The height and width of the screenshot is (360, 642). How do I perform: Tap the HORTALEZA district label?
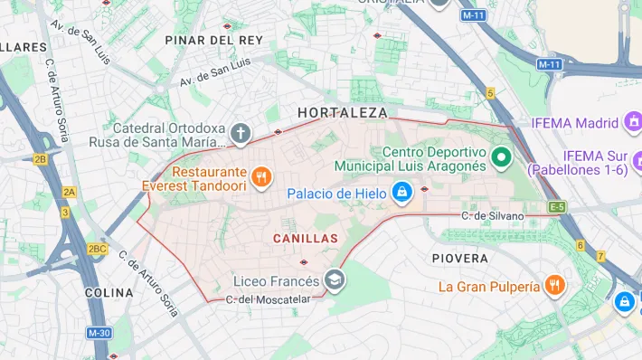343,113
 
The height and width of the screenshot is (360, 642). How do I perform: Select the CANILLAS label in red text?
305,238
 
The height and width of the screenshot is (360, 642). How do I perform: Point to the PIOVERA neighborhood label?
460,258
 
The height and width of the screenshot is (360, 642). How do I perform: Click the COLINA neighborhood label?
109,293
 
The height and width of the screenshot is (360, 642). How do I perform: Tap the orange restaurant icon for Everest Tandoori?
261,177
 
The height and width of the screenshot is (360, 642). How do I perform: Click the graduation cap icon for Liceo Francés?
335,279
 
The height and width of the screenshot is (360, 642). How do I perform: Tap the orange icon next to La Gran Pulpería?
556,287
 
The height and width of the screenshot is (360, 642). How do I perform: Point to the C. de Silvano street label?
492,215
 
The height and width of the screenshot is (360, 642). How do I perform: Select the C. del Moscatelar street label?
268,299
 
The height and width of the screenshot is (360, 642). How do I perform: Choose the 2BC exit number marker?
97,248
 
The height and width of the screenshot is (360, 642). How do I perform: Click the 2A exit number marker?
69,192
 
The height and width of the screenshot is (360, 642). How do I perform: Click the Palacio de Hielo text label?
336,194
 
